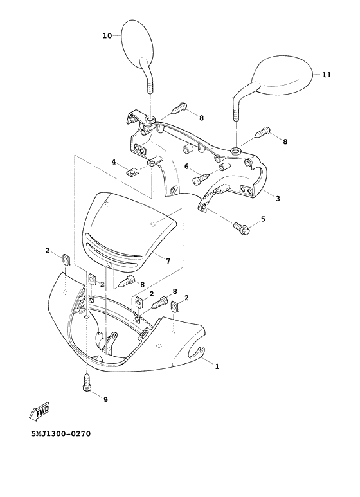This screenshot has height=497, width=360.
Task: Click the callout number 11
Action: [327, 75]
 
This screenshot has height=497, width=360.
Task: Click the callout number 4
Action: [114, 162]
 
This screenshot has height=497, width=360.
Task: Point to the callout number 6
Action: [186, 166]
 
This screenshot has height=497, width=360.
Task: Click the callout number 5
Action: [262, 221]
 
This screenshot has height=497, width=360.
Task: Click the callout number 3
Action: [278, 199]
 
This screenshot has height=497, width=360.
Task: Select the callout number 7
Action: [168, 261]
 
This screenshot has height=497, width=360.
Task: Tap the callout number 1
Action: [217, 366]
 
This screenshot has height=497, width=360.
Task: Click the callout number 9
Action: [105, 399]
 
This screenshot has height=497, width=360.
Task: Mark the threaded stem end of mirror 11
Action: [236, 116]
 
